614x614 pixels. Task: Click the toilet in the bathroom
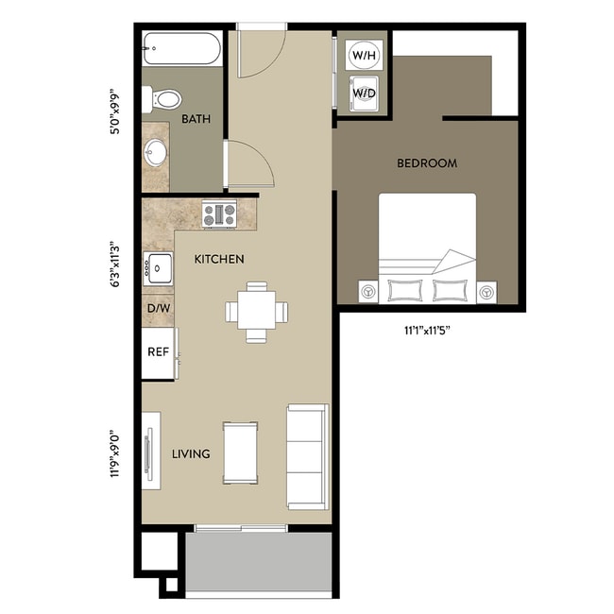click(x=164, y=98)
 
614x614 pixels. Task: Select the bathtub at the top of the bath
click(x=181, y=46)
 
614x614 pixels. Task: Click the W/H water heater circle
click(x=363, y=55)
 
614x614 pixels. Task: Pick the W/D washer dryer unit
click(x=363, y=94)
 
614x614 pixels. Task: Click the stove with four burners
click(x=219, y=214)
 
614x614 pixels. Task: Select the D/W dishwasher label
click(x=158, y=309)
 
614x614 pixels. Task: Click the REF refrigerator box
click(x=158, y=351)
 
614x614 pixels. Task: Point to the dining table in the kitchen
click(x=257, y=310)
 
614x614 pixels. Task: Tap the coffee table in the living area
click(x=241, y=452)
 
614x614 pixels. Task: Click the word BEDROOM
click(x=427, y=163)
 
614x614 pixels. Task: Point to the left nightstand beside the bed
click(x=367, y=292)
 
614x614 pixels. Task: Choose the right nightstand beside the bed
click(x=486, y=292)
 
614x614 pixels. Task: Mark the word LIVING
click(x=191, y=454)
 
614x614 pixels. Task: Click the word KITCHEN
click(x=219, y=259)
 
